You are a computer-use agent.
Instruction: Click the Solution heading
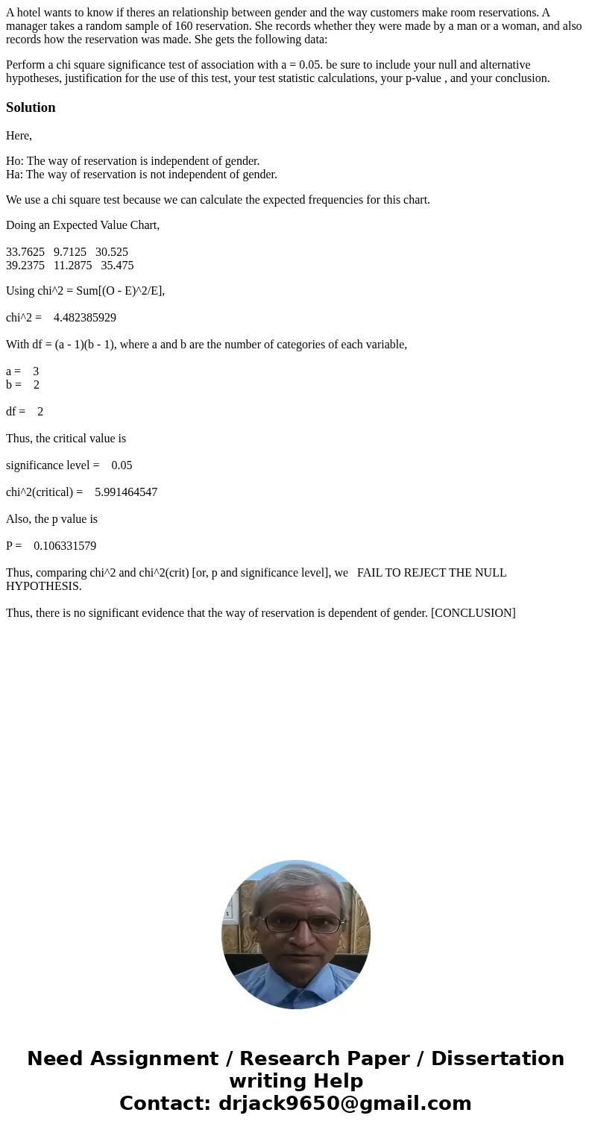[31, 107]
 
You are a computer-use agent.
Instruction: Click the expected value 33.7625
[25, 252]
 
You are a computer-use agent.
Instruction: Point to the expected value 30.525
[112, 252]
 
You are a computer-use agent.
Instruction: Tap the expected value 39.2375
[25, 266]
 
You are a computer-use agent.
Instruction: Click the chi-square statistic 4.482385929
[85, 318]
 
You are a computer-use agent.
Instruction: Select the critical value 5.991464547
[126, 492]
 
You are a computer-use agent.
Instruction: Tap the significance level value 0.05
[122, 465]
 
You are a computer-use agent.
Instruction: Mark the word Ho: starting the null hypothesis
[14, 161]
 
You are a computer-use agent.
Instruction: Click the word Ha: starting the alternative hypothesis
[14, 175]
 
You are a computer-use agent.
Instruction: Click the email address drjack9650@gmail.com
[344, 1103]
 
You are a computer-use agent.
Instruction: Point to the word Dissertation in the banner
[497, 1058]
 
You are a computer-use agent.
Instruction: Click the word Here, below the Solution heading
[19, 136]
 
